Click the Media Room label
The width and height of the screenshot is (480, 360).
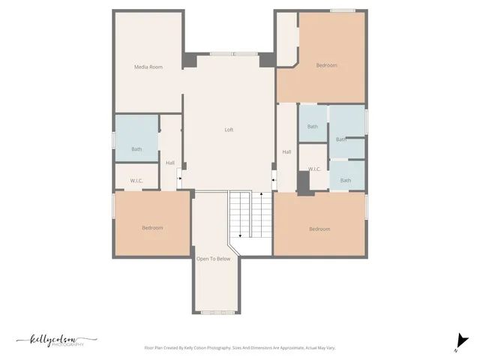148,67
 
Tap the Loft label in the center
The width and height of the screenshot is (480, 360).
229,130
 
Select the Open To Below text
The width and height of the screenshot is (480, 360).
213,259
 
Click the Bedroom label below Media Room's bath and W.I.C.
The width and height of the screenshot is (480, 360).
152,227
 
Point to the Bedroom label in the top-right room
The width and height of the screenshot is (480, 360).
326,65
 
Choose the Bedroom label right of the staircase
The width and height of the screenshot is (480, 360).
319,229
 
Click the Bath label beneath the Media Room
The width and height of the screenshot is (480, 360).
136,149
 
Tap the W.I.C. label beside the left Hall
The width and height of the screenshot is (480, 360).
136,181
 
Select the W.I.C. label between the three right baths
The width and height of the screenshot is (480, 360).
314,169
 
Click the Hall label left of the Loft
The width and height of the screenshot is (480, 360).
170,163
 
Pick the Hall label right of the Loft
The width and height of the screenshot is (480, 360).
286,152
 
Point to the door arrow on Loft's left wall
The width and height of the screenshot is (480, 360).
179,178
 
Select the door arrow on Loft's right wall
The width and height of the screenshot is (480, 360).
274,178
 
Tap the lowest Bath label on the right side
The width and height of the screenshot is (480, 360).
345,180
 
